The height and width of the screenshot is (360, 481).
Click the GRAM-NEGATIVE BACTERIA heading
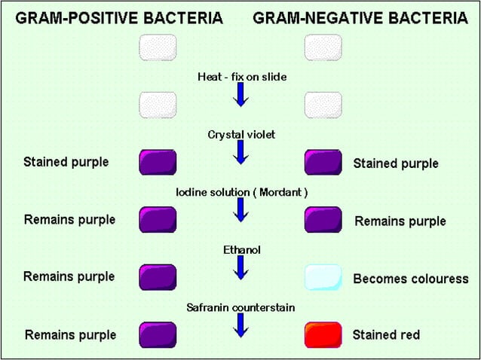[360, 18]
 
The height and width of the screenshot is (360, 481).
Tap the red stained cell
[323, 334]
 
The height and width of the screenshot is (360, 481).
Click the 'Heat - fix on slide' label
[240, 77]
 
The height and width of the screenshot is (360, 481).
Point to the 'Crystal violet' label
[240, 134]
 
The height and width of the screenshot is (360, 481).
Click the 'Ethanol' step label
[240, 249]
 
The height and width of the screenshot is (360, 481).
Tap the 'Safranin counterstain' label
[240, 307]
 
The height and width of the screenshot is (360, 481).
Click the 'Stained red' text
[386, 334]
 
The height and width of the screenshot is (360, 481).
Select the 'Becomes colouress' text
[410, 279]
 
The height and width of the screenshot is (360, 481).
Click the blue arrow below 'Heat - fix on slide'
[241, 96]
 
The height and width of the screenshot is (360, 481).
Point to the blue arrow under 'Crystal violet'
[241, 153]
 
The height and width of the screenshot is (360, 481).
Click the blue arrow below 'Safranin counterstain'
[241, 325]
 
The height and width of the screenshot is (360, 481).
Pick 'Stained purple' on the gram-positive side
[66, 162]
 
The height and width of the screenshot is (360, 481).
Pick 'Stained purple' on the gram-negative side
[395, 163]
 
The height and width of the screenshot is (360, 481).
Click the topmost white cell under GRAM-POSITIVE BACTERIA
[158, 47]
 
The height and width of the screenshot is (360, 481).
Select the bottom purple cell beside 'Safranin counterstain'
[158, 334]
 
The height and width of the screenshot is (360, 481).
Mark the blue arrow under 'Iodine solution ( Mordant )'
[241, 210]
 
